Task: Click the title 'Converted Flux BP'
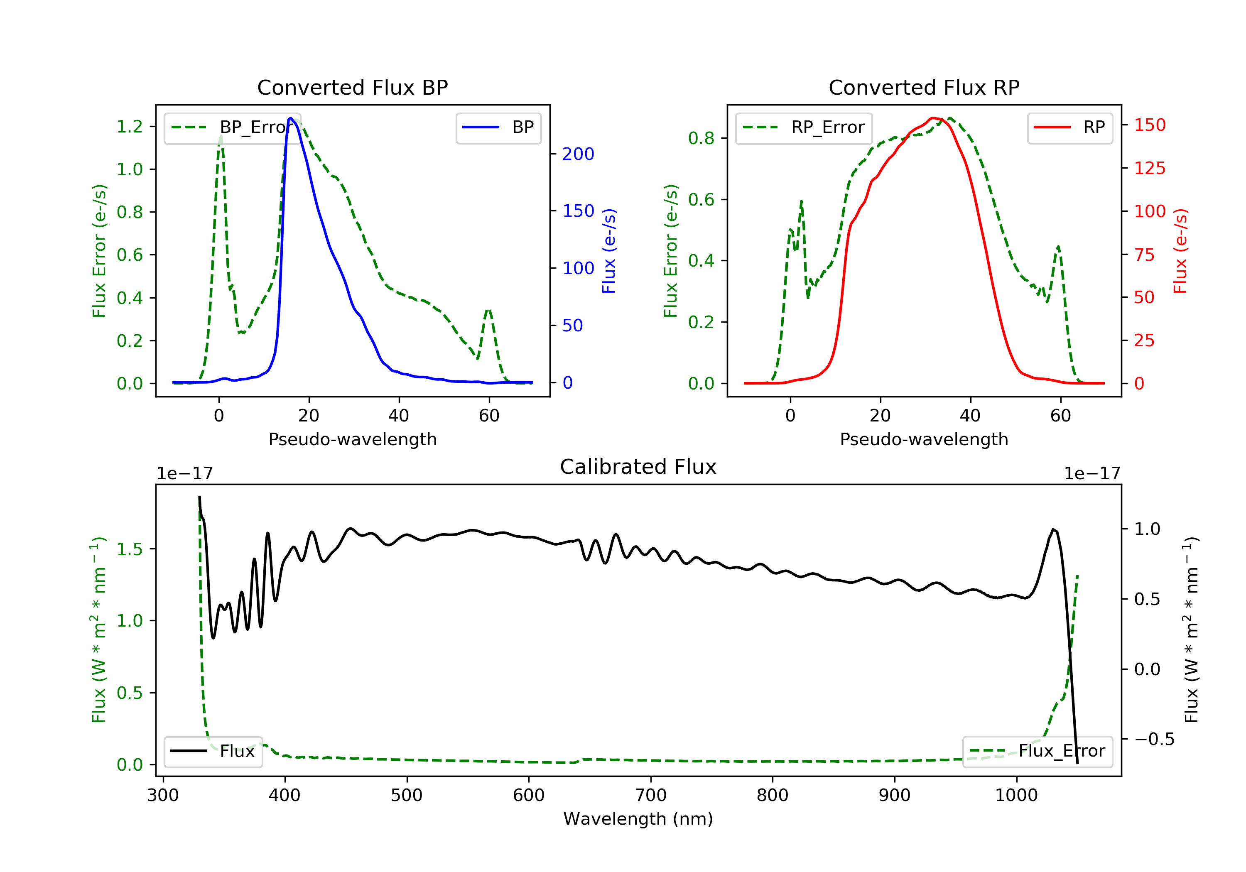pyautogui.click(x=353, y=87)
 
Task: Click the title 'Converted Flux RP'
pyautogui.click(x=924, y=87)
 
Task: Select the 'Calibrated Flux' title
pyautogui.click(x=638, y=467)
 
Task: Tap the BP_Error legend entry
pyautogui.click(x=232, y=127)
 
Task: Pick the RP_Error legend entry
pyautogui.click(x=804, y=127)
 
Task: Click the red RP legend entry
pyautogui.click(x=1069, y=127)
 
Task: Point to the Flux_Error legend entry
pyautogui.click(x=1037, y=751)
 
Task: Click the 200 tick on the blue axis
pyautogui.click(x=578, y=154)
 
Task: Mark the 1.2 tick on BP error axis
pyautogui.click(x=130, y=126)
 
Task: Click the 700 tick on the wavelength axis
pyautogui.click(x=651, y=796)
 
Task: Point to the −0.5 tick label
pyautogui.click(x=1154, y=739)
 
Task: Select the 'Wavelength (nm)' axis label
pyautogui.click(x=638, y=819)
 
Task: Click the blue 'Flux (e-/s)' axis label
pyautogui.click(x=609, y=251)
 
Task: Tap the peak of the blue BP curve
pyautogui.click(x=291, y=118)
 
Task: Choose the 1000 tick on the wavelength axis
pyautogui.click(x=1016, y=796)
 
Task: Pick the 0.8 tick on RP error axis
pyautogui.click(x=701, y=138)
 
